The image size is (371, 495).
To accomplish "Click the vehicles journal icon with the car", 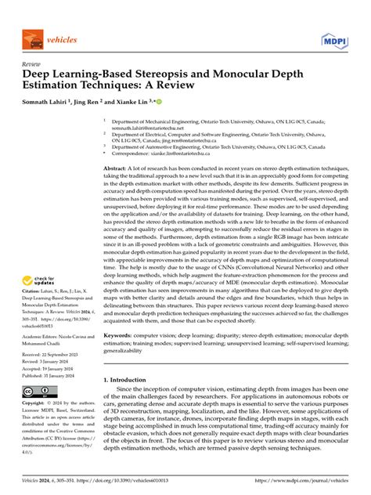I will pos(34,38).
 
